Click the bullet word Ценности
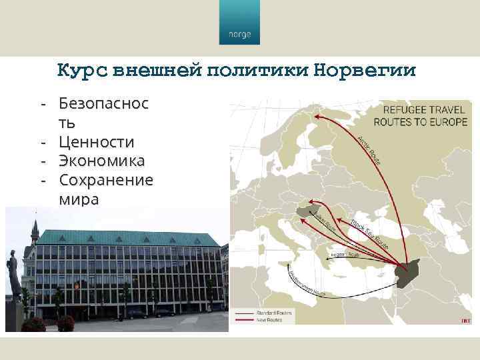tap(97, 142)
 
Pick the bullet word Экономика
tap(101, 161)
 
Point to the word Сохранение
tap(106, 180)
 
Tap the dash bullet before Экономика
tap(42, 161)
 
